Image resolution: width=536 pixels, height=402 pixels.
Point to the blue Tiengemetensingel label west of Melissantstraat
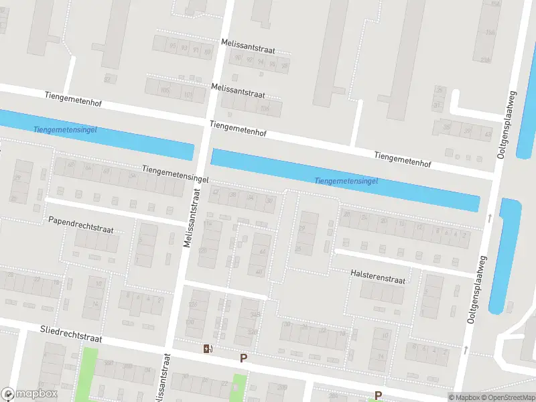pyautogui.click(x=64, y=129)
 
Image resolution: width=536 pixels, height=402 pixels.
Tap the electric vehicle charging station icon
pyautogui.click(x=209, y=348)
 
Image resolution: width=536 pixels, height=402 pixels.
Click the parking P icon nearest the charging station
pyautogui.click(x=243, y=358)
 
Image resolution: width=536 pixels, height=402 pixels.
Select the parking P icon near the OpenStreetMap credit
pyautogui.click(x=378, y=395)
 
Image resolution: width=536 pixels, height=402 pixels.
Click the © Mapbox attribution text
pyautogui.click(x=464, y=397)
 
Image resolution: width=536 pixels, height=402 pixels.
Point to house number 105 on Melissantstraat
pyautogui.click(x=165, y=90)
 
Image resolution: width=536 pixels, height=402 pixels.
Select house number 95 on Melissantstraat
pyautogui.click(x=164, y=46)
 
